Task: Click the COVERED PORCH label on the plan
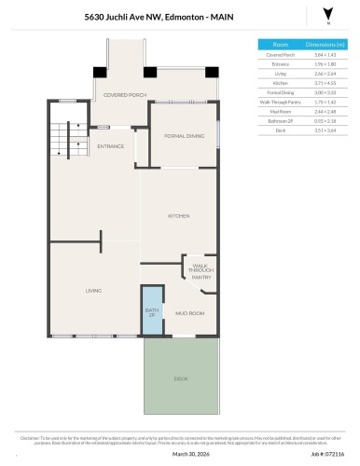(x=124, y=94)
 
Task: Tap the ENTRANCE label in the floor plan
(x=111, y=146)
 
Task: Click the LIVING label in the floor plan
(x=93, y=291)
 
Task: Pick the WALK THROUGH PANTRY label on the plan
(x=201, y=271)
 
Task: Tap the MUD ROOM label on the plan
(x=189, y=313)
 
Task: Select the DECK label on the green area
(x=180, y=379)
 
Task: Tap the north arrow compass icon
(x=325, y=14)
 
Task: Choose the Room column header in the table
(x=280, y=44)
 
